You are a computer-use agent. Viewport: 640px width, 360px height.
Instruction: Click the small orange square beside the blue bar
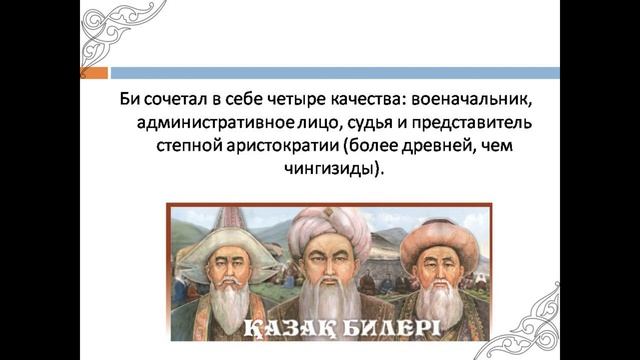pos(83,73)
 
